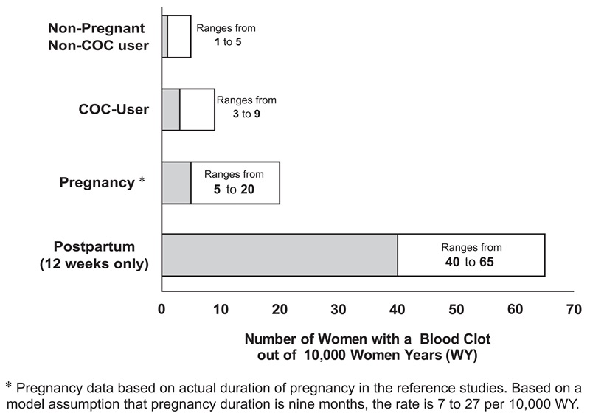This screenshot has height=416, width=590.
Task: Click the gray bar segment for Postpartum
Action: [280, 254]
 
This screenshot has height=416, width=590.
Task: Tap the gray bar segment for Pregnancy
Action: [176, 183]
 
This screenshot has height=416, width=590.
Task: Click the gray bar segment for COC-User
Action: [170, 109]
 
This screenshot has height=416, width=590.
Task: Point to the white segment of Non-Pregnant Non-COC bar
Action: [179, 36]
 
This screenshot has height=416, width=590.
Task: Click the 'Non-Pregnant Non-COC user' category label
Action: [98, 36]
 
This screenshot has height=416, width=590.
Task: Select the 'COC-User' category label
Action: [114, 109]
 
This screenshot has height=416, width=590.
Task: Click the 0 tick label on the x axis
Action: [162, 308]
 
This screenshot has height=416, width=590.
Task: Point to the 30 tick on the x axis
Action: [339, 308]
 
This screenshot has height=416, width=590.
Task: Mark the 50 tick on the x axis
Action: [457, 308]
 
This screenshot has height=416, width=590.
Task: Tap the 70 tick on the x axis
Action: [574, 308]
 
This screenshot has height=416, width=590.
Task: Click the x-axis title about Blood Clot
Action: [367, 347]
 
